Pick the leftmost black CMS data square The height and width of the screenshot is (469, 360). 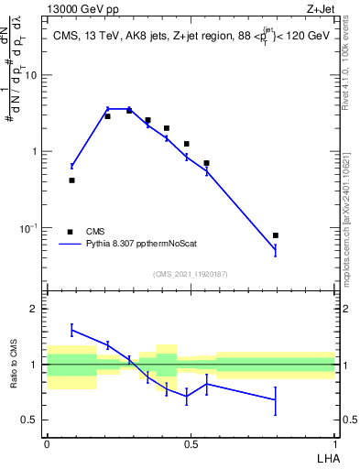71,180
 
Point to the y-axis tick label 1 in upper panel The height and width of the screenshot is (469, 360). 34,151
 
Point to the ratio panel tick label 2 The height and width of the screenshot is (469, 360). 34,309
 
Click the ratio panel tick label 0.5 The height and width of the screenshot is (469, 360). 29,420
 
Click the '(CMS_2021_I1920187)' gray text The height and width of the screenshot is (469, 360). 190,273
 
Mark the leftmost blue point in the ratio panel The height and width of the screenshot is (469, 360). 71,330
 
